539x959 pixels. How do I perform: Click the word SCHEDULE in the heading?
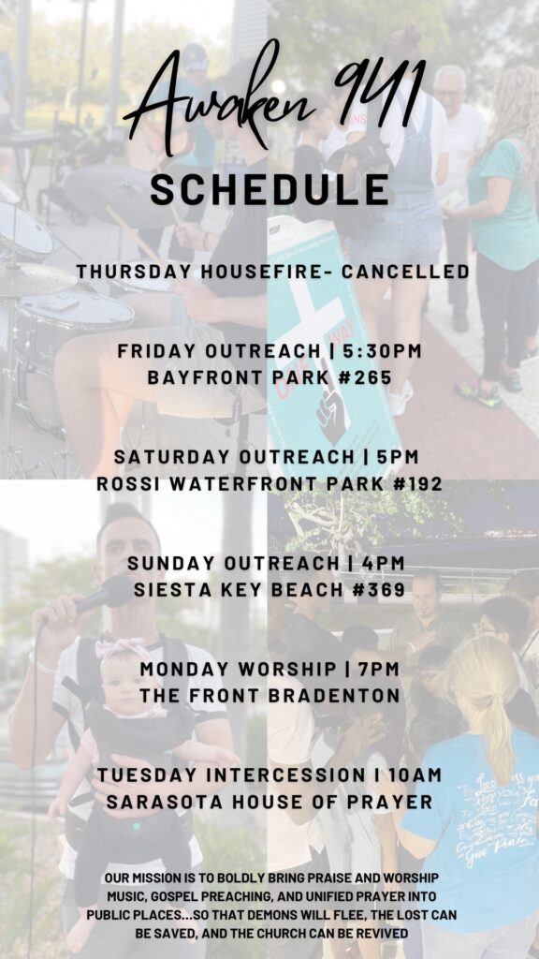tap(269, 189)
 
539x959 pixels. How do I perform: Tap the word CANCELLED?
tap(405, 272)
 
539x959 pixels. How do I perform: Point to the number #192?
tap(414, 484)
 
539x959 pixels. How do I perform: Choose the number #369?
tap(377, 590)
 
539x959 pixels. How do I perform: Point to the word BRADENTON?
tap(336, 696)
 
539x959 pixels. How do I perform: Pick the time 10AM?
tap(415, 775)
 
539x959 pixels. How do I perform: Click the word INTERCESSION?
tap(284, 775)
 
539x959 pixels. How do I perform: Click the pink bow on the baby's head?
tap(123, 650)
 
